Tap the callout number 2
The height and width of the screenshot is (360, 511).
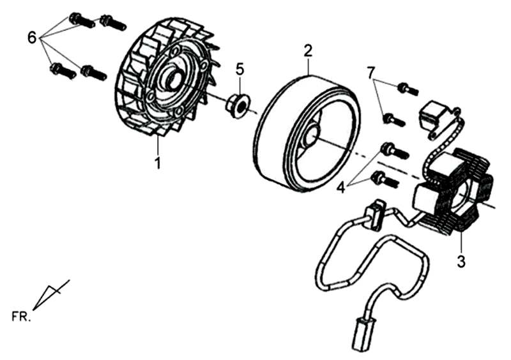309,50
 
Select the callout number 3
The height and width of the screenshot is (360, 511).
461,260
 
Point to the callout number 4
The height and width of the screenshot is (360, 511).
342,187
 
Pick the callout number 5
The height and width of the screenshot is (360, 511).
240,68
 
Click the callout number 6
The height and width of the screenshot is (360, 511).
32,37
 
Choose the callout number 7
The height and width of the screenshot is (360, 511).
370,73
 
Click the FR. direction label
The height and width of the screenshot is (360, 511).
21,316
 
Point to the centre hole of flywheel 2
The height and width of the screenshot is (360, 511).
313,135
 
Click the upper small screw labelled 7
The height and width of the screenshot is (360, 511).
407,89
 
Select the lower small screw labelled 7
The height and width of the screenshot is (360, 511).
393,119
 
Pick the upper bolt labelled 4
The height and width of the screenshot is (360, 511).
394,151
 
